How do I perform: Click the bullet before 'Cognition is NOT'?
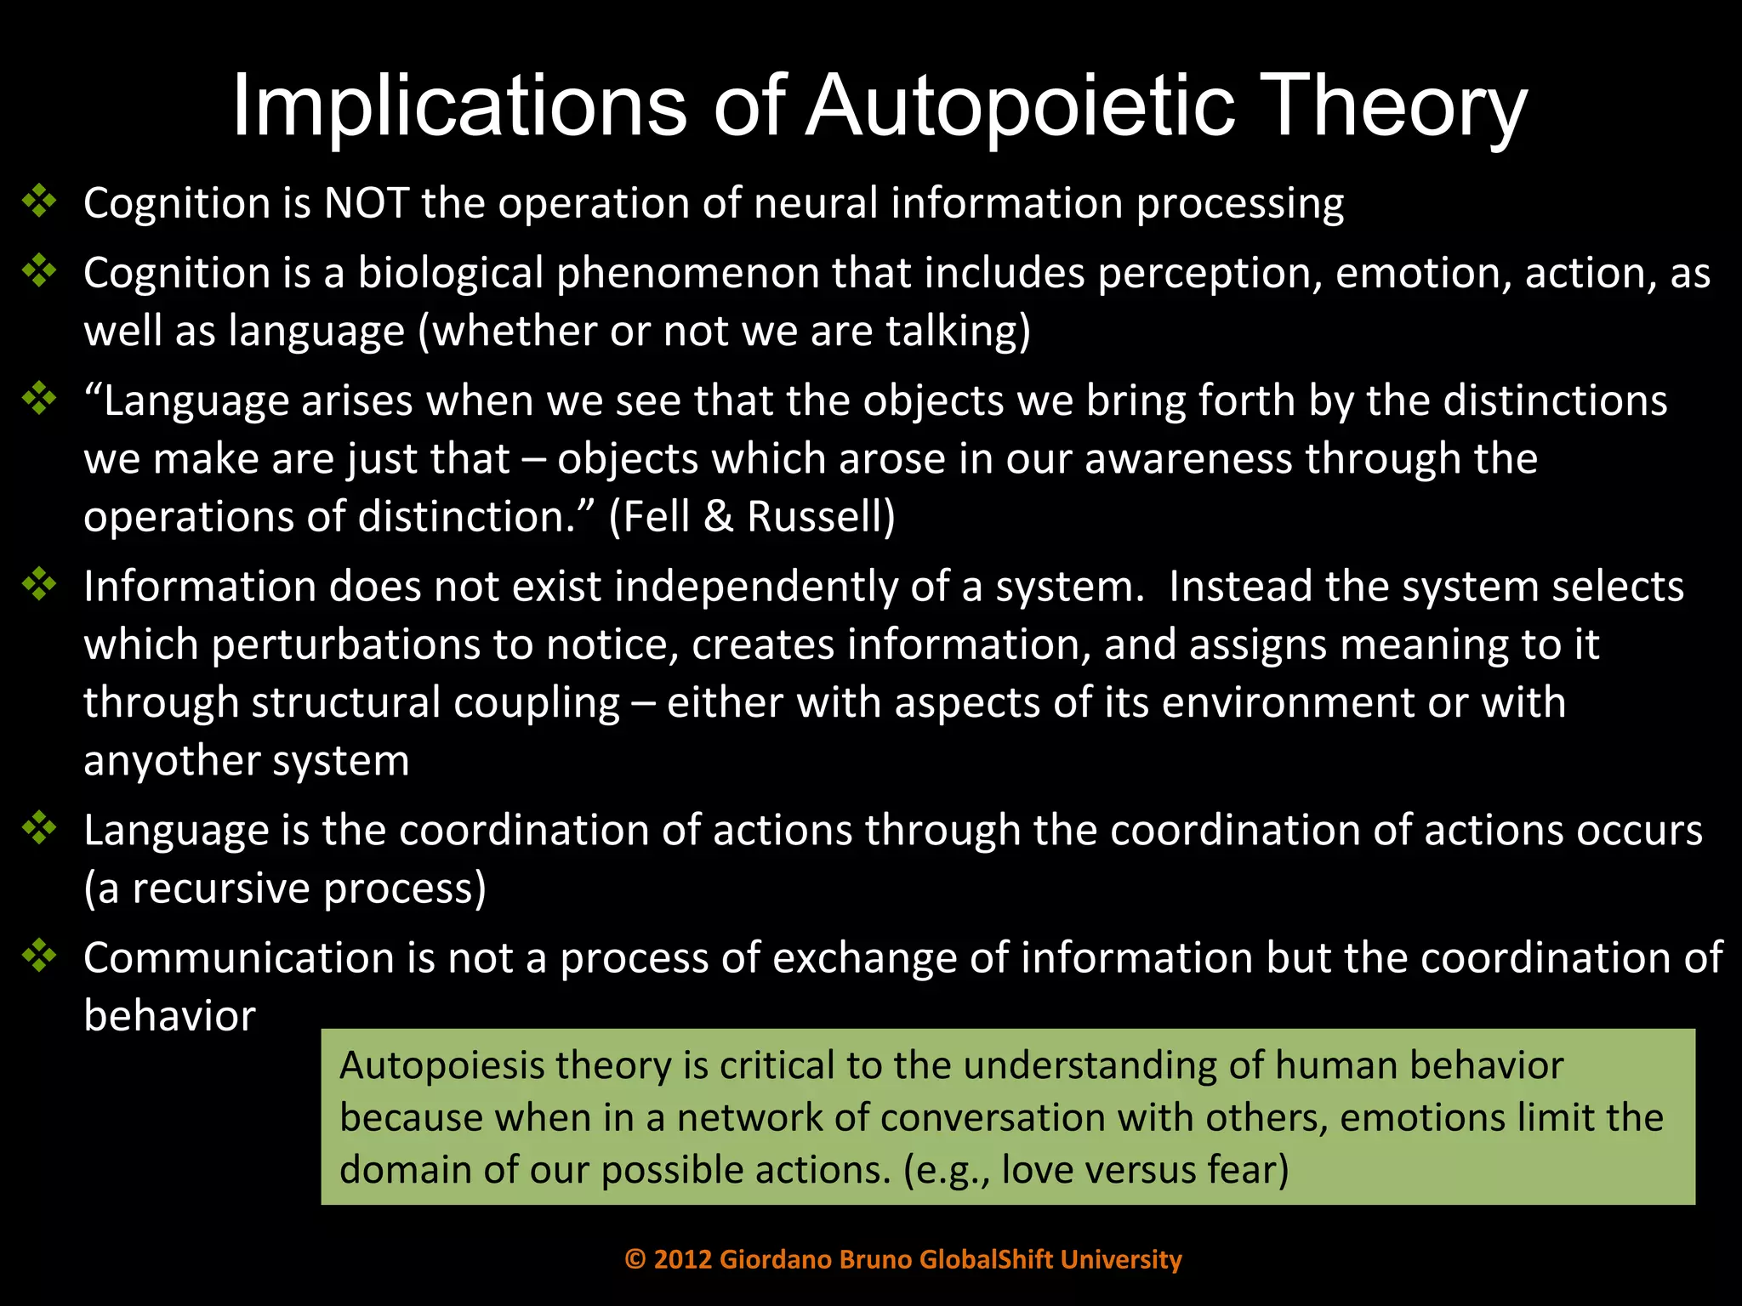[x=39, y=202]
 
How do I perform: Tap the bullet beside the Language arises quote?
[x=39, y=399]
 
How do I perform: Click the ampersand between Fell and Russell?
[x=718, y=517]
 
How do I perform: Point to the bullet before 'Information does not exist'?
[x=39, y=585]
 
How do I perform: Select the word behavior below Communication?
[x=169, y=1016]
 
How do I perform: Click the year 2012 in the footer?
[x=682, y=1259]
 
